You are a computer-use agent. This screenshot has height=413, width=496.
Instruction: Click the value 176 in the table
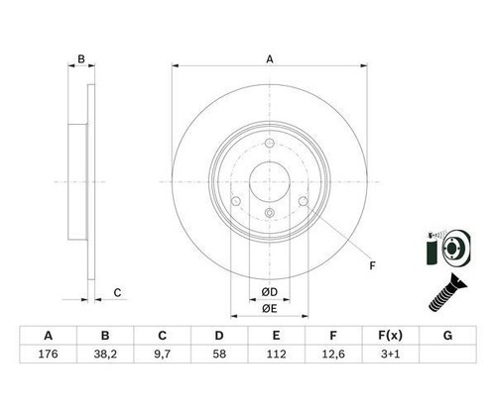(x=49, y=354)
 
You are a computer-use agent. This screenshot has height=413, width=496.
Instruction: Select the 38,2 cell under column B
(x=105, y=354)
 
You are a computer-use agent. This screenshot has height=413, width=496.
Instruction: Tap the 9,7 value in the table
(x=162, y=354)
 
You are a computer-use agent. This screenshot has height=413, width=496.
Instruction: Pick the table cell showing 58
(x=219, y=354)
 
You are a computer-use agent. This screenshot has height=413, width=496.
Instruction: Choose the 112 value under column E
(x=276, y=354)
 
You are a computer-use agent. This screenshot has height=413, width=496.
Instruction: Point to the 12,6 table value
(x=333, y=354)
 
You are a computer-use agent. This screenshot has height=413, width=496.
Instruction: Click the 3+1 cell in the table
(x=390, y=354)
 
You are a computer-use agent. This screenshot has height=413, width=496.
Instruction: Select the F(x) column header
(x=390, y=336)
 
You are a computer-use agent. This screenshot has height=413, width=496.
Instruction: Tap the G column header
(x=447, y=336)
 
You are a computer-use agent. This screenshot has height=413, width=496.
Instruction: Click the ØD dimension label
(x=270, y=292)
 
